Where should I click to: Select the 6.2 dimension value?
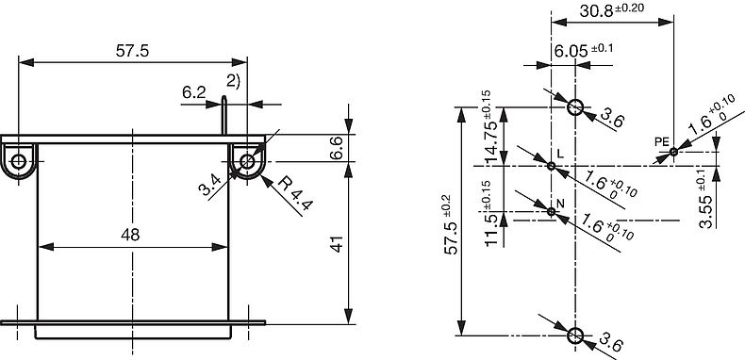[x=193, y=91]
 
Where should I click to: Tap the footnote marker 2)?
[x=233, y=79]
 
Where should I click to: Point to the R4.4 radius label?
[x=291, y=194]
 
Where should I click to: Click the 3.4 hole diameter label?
[x=210, y=186]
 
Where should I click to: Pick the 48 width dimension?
[x=131, y=235]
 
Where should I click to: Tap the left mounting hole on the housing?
[x=19, y=161]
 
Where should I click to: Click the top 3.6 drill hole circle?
[x=574, y=106]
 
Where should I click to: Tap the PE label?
[x=661, y=140]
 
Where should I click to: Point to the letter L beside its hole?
[x=559, y=154]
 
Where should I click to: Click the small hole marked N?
[x=552, y=211]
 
